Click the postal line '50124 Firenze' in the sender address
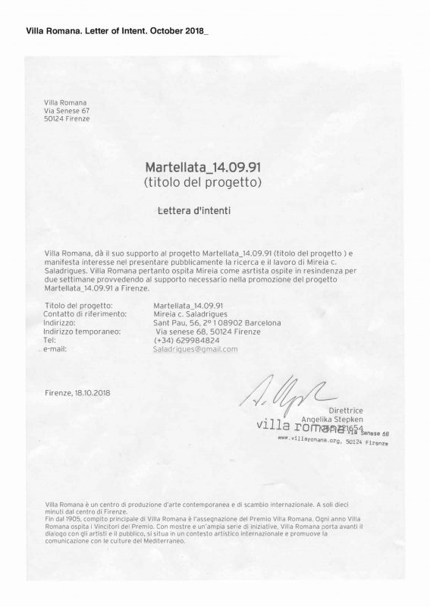67,119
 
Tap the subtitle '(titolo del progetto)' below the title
202,182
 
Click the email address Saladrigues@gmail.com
196,349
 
